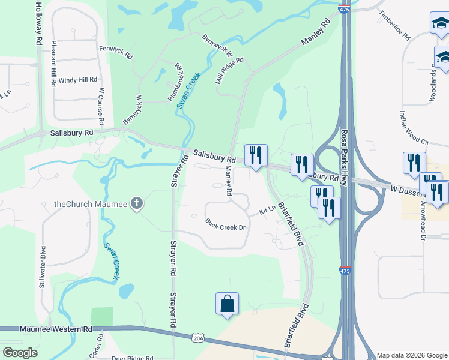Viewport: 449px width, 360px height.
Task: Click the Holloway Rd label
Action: pos(38,22)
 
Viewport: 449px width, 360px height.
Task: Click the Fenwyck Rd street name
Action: pos(116,52)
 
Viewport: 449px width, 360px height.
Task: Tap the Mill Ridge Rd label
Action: pos(230,70)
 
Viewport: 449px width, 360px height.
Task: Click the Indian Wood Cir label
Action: pos(414,127)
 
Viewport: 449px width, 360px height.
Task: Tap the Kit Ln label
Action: pos(267,211)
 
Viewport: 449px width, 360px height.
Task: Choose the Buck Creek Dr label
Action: pos(226,224)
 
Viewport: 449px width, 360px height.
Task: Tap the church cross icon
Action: pos(137,203)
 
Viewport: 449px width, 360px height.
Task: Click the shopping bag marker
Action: pos(228,303)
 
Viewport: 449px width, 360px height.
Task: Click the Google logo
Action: pos(20,353)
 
